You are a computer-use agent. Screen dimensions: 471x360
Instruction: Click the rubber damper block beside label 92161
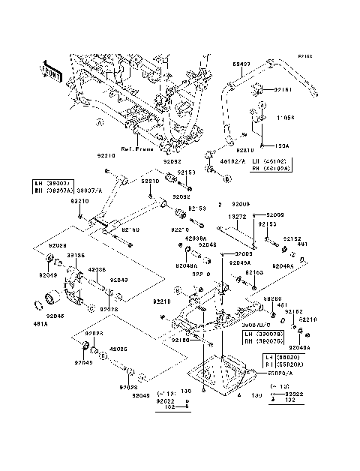263,90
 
